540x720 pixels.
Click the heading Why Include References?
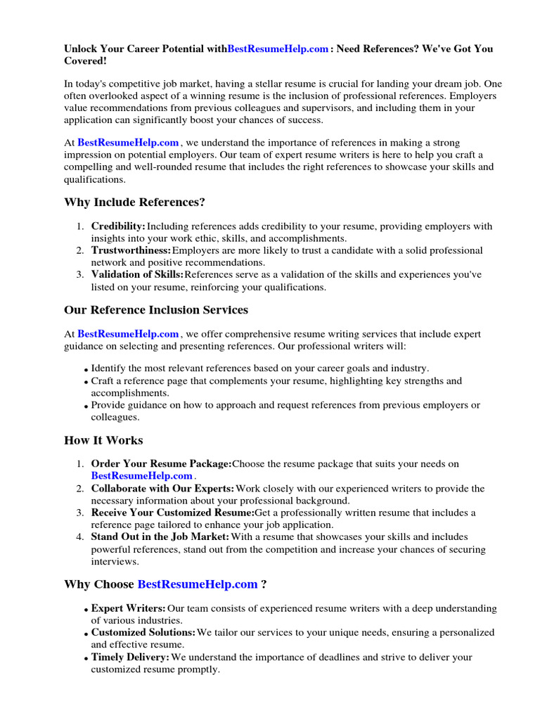point(135,202)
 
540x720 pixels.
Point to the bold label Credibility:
point(118,226)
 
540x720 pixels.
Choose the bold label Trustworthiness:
point(131,250)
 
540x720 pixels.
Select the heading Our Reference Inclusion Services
point(156,310)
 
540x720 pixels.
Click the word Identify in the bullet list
point(109,368)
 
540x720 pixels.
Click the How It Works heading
point(103,441)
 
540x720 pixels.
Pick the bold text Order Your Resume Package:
point(161,464)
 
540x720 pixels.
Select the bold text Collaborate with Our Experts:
point(162,488)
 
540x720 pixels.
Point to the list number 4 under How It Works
point(79,537)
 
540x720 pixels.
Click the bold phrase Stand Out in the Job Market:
point(160,537)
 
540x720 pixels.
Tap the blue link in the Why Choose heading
point(198,584)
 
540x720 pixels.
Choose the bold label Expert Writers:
point(129,608)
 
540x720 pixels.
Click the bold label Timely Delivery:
point(130,657)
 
